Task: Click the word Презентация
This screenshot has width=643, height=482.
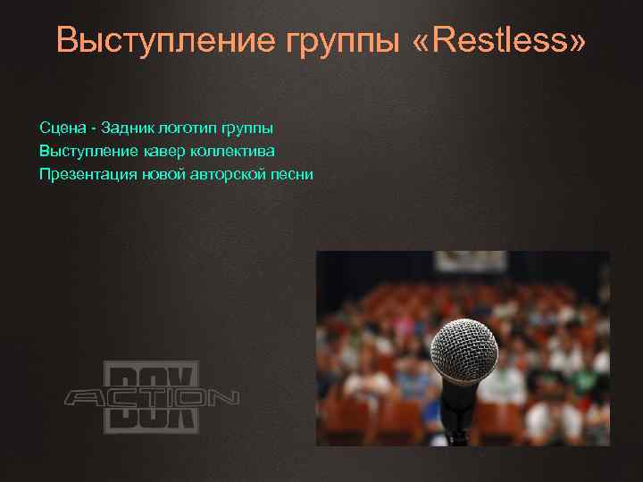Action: pyautogui.click(x=88, y=173)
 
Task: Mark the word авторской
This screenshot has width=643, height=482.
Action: pyautogui.click(x=228, y=173)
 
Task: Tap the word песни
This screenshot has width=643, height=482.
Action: pyautogui.click(x=290, y=173)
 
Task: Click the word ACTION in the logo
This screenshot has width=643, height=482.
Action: pyautogui.click(x=151, y=397)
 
